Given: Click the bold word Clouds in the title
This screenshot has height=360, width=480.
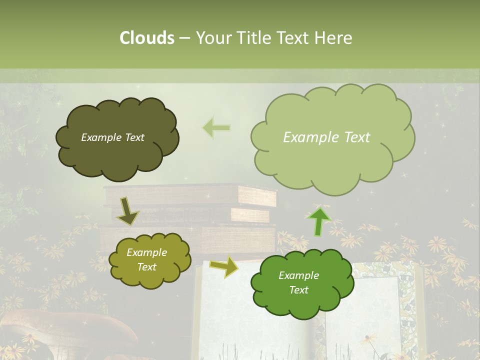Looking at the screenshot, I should click(147, 38).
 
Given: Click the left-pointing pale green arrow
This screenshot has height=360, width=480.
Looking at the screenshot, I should click(216, 128).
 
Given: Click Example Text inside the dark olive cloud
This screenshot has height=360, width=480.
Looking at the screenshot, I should click(112, 137).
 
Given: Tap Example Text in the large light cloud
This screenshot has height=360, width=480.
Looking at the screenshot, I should click(326, 137).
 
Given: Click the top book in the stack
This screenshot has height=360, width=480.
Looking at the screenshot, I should click(190, 194).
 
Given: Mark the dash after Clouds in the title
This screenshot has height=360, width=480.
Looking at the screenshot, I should click(184, 38).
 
